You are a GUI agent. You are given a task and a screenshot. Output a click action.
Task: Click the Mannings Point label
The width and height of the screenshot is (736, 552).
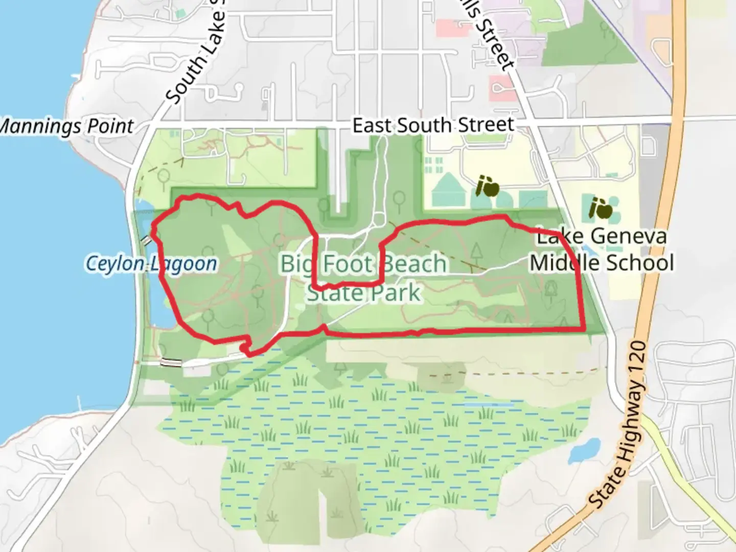[x=66, y=126]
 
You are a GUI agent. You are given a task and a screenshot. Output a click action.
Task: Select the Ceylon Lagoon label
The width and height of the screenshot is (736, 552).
[x=151, y=264]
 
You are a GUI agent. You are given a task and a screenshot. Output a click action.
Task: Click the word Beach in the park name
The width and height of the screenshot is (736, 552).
[x=415, y=264]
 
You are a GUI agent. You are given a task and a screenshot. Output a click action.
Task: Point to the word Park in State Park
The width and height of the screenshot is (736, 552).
[x=397, y=293]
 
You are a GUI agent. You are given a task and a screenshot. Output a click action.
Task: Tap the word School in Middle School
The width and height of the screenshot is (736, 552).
[x=643, y=263]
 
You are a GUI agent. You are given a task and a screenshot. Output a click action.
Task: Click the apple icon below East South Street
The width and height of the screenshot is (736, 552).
[x=488, y=187]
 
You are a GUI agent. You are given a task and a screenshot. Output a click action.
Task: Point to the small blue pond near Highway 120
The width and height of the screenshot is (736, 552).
[x=584, y=450]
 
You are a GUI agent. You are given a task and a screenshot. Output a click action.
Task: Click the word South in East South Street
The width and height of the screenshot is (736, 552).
[x=424, y=126]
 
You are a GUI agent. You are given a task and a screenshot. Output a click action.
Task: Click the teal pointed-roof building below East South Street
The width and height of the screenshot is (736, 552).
[x=448, y=189]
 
